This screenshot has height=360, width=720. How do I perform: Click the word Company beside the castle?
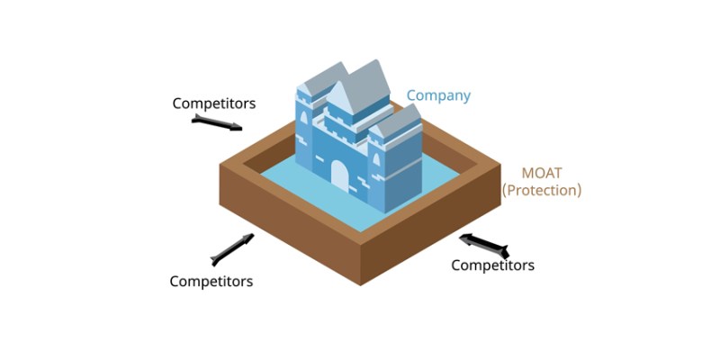coord(438,95)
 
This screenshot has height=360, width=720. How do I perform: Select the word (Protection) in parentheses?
coord(542,191)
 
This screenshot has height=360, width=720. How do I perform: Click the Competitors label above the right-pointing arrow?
coord(214,103)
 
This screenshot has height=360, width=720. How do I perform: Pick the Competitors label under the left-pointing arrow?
coord(492,265)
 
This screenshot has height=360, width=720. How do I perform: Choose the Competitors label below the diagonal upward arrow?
coord(211,281)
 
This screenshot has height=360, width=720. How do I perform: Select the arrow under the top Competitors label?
coord(219,123)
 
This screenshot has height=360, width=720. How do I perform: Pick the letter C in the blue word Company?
coord(411,95)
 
